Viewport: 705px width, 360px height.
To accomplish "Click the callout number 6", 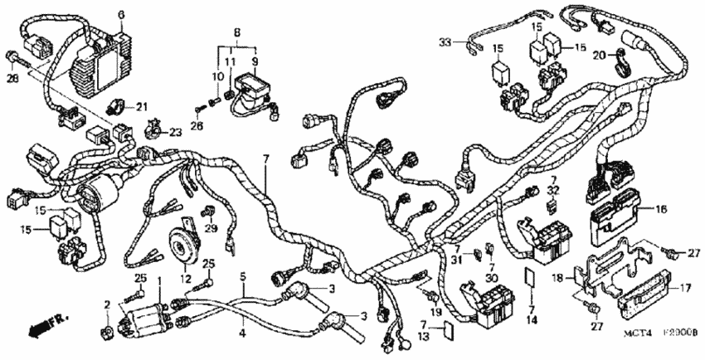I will click(x=120, y=14).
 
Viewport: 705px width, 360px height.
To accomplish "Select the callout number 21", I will click(x=141, y=106).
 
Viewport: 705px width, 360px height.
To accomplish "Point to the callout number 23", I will click(x=174, y=132).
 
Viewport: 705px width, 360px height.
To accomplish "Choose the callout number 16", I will click(x=661, y=210).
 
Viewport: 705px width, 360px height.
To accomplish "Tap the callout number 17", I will click(x=686, y=289).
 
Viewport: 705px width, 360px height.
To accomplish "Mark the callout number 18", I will click(x=557, y=277).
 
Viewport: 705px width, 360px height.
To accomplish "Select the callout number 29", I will click(x=211, y=228).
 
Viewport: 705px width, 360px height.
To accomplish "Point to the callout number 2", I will click(x=107, y=306).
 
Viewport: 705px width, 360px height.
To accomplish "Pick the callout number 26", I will click(x=197, y=126).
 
